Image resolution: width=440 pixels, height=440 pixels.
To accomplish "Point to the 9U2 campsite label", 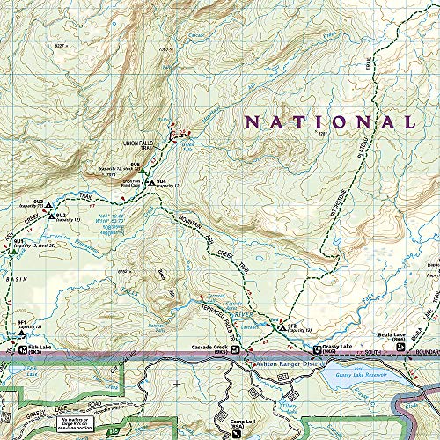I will coord(62,214).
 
